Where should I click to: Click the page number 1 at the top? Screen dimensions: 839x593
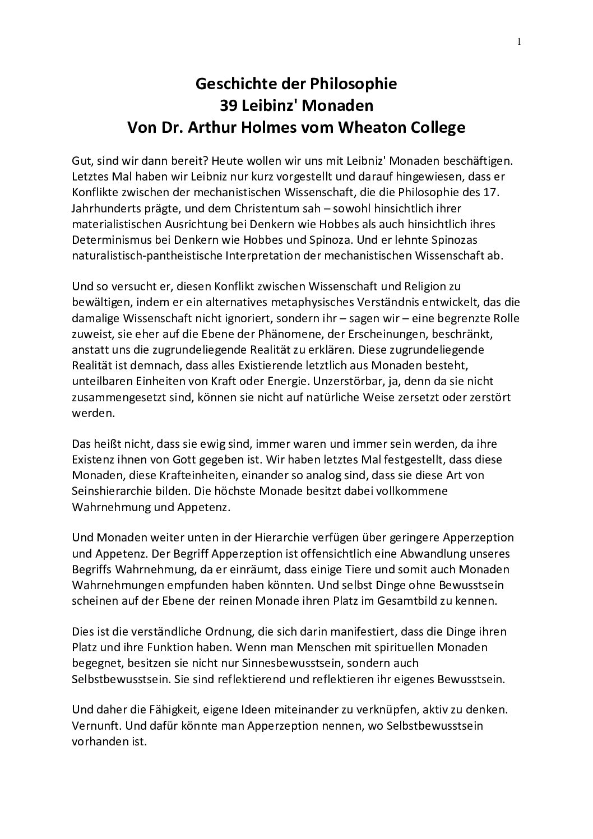click(520, 42)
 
